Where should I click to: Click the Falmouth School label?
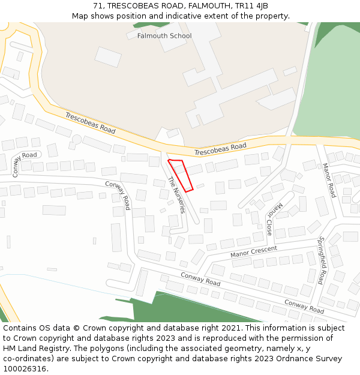[x=164, y=36]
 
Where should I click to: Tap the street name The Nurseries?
[x=176, y=195]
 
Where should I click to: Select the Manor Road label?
[x=329, y=180]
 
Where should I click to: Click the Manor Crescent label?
[x=254, y=252]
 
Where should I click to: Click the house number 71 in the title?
[x=98, y=6]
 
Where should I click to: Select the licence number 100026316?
[x=24, y=369]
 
